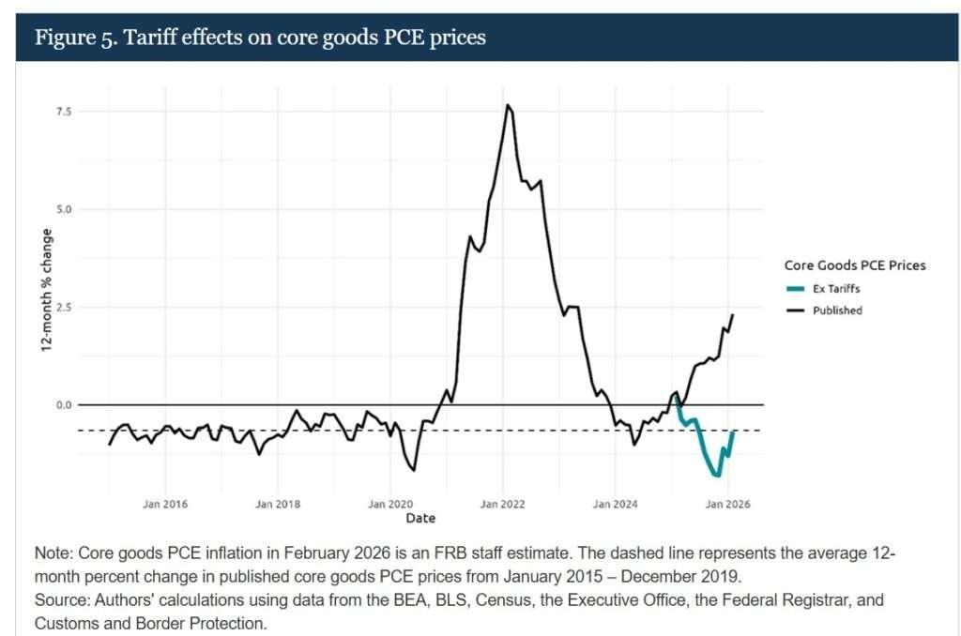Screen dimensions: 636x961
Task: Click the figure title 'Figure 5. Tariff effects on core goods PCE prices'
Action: pos(260,38)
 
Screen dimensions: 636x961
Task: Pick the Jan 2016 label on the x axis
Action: pos(165,504)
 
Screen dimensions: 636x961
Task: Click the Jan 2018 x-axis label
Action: pos(278,504)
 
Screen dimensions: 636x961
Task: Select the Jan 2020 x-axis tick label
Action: pos(390,504)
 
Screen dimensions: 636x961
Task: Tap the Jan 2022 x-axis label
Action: pos(503,504)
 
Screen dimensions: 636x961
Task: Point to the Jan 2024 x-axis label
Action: pos(615,504)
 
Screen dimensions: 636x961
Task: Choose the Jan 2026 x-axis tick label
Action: pos(727,504)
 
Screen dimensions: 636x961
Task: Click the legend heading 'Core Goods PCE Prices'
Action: pos(854,265)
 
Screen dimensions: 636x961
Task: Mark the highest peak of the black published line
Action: pos(508,105)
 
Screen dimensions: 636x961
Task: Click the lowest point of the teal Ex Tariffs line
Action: pos(719,476)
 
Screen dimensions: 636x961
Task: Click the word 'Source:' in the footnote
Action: pos(62,599)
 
